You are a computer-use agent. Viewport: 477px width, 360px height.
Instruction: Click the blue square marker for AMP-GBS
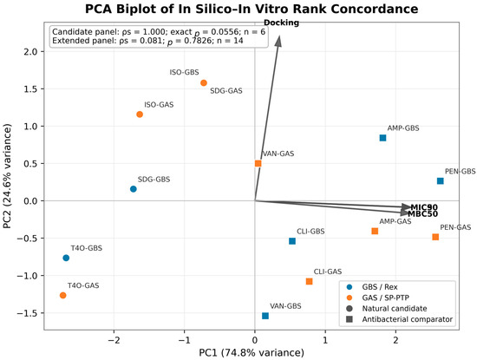point(382,138)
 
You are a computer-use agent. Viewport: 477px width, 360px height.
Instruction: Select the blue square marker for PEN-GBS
point(440,180)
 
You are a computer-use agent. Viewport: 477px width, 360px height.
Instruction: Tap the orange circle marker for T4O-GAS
point(63,295)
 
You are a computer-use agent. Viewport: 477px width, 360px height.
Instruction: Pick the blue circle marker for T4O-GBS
point(66,258)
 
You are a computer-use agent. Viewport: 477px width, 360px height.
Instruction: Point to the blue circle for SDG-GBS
point(134,188)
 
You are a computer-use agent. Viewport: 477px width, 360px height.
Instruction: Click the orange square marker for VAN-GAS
point(258,163)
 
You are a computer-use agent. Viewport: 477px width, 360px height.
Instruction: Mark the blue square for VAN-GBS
point(265,316)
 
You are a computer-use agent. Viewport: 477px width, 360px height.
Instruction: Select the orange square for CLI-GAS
point(309,281)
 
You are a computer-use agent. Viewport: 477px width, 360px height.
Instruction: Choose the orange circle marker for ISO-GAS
point(140,115)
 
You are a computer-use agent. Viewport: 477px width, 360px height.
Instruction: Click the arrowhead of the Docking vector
point(278,41)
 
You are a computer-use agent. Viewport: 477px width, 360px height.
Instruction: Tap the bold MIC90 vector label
point(424,207)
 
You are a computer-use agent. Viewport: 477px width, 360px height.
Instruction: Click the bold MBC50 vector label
point(423,214)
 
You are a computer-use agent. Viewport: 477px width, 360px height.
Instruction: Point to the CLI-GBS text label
point(310,232)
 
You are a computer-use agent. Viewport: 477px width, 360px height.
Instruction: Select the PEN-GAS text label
point(455,227)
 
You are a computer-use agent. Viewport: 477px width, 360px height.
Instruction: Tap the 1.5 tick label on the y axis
point(29,88)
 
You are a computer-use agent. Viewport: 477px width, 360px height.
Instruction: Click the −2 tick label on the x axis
point(114,340)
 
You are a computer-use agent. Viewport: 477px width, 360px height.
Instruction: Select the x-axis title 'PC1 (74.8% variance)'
point(252,353)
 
